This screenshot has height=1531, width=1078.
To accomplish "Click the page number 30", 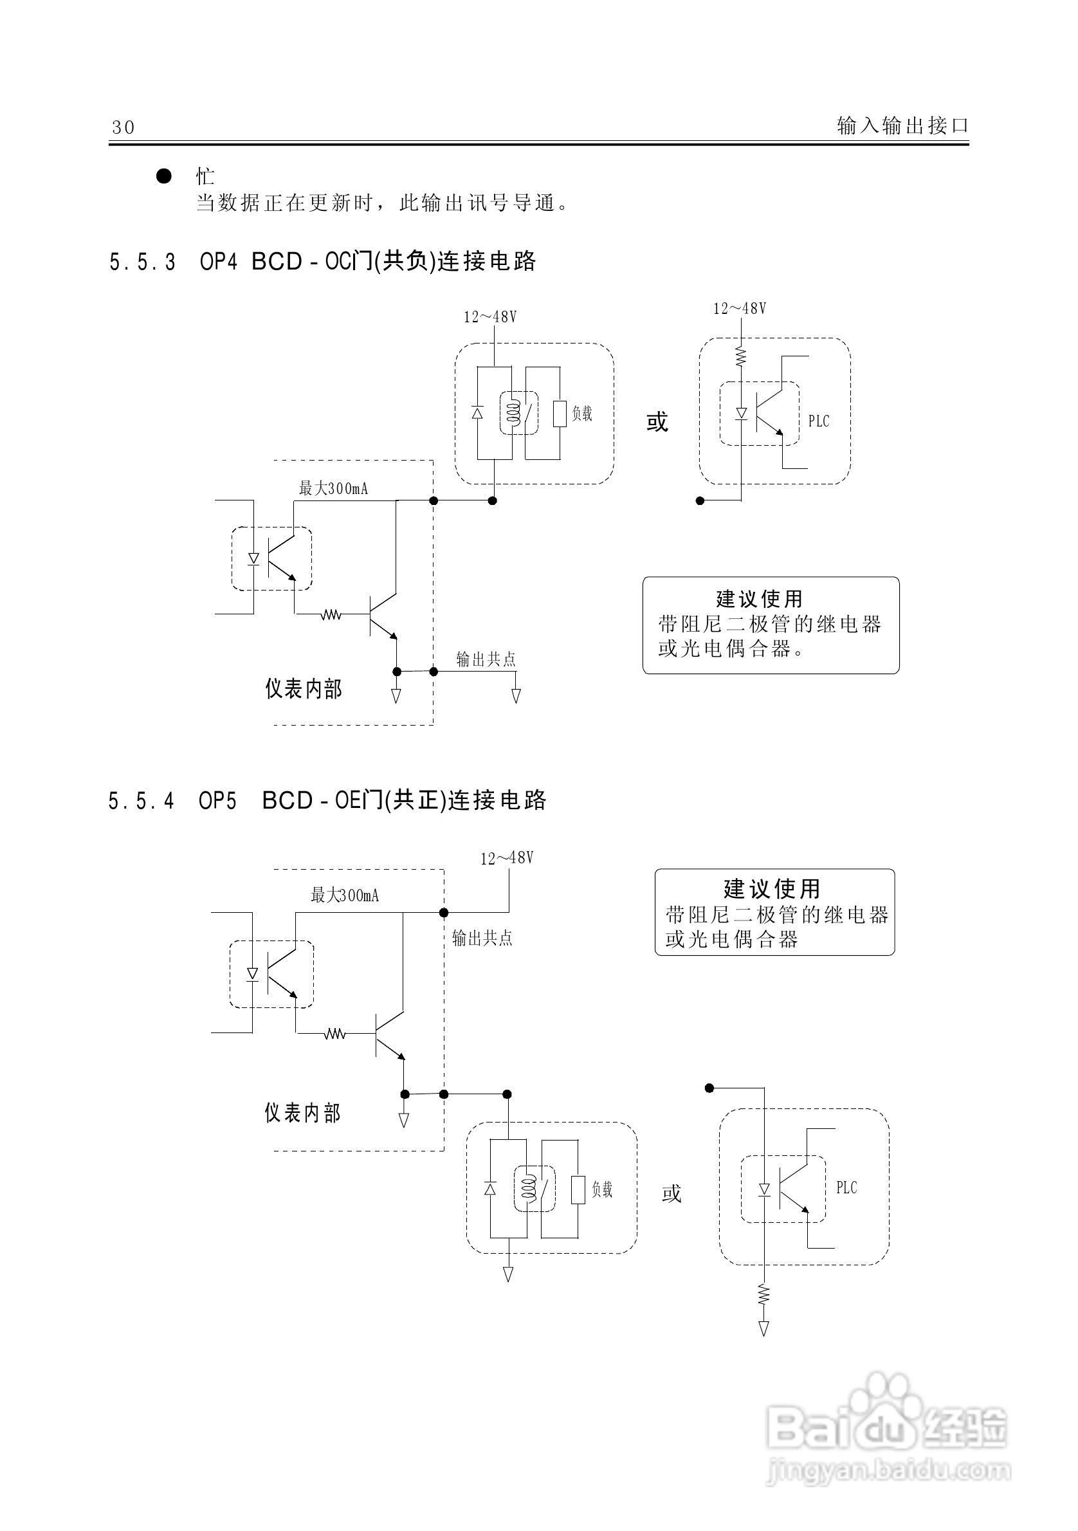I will click(x=123, y=127).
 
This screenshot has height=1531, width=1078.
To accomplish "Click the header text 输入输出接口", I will click(x=902, y=125).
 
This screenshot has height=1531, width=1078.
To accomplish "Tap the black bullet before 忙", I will click(x=164, y=176).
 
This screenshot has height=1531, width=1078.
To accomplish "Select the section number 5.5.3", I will click(x=142, y=262).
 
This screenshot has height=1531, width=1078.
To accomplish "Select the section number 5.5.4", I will click(x=141, y=800).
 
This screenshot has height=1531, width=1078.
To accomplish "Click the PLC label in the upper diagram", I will click(x=819, y=421).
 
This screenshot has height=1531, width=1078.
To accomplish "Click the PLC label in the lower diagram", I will click(x=846, y=1187).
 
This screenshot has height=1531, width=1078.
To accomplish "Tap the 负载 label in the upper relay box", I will click(x=582, y=414).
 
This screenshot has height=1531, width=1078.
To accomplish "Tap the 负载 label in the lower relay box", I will click(x=602, y=1189).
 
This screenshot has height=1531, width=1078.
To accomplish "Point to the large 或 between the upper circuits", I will click(x=657, y=421).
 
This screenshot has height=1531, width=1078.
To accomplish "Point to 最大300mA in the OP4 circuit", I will click(x=333, y=489).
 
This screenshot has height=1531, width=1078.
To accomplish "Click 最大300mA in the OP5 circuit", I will click(x=345, y=895).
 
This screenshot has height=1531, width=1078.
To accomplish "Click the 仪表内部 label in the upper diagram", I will click(x=304, y=689).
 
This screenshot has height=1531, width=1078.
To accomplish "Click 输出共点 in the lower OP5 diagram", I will click(x=482, y=938).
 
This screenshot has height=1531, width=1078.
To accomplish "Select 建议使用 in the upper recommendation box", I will click(x=760, y=598).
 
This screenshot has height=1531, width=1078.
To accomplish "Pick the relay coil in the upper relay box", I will click(x=512, y=414).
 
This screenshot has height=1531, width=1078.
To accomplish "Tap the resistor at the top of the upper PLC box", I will click(x=741, y=355).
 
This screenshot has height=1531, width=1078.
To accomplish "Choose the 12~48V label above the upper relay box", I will click(x=490, y=316).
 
